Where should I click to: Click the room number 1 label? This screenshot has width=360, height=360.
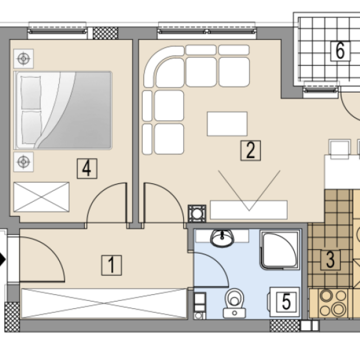[x=111, y=265]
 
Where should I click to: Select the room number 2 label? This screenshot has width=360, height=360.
[x=250, y=151]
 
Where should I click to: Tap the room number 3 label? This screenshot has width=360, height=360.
[x=330, y=260]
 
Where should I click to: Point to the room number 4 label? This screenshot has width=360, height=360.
[x=87, y=169]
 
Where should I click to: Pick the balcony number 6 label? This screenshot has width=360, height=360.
[x=340, y=51]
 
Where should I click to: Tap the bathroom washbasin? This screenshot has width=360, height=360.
[x=222, y=238]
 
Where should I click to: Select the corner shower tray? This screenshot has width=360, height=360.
[x=280, y=250]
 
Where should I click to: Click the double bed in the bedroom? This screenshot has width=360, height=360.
[x=62, y=110]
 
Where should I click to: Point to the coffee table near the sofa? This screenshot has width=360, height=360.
[x=227, y=124]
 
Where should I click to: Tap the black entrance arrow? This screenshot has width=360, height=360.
[x=2, y=259]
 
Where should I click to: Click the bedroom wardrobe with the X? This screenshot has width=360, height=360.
[x=41, y=197]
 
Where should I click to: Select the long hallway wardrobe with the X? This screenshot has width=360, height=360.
[x=103, y=303]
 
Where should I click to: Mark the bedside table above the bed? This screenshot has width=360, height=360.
[x=24, y=58]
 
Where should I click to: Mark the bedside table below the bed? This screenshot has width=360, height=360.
[x=24, y=161]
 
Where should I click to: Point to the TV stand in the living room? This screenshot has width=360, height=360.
[x=249, y=210]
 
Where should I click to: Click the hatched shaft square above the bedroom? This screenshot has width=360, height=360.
[x=105, y=33]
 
